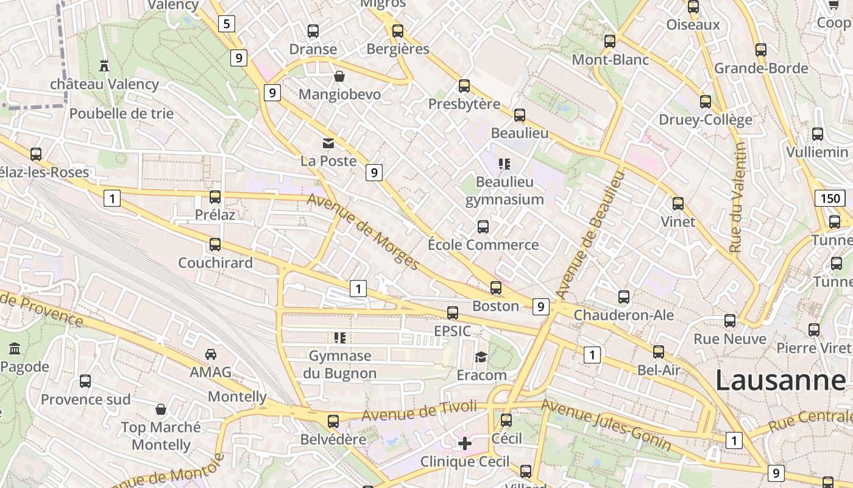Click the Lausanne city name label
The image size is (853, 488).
point(780,380)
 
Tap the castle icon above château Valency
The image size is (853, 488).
point(104,65)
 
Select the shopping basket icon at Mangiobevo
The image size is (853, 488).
point(339,76)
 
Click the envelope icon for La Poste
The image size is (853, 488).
point(328,143)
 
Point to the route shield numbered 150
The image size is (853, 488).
point(829,198)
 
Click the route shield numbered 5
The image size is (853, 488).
point(227,24)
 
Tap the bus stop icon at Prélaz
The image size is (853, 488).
point(215,197)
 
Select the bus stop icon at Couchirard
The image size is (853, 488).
point(215,245)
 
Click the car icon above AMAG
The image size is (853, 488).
point(210,354)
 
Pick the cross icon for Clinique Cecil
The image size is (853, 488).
point(464,443)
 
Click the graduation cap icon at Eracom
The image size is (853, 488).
point(481,357)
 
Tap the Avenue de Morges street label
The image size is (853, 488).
point(364,232)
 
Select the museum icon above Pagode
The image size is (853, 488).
point(15,349)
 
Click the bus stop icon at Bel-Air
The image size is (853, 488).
point(659,352)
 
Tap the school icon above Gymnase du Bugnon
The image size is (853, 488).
point(340,337)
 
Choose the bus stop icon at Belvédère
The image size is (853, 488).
point(333,421)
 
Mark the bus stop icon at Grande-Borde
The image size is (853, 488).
point(761,50)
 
